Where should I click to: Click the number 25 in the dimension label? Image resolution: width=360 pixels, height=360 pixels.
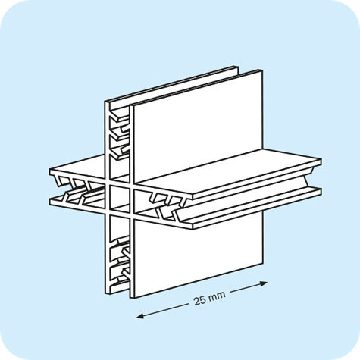coord(199,301)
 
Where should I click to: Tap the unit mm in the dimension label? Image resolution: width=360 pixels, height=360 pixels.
coord(216,297)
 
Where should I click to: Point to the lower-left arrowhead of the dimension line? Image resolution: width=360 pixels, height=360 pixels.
coord(139,315)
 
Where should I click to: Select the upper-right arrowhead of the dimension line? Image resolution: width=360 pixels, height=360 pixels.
coord(264,283)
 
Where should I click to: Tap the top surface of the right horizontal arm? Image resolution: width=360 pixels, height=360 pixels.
coord(227,172)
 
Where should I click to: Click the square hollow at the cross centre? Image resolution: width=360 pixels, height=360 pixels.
coord(120,198)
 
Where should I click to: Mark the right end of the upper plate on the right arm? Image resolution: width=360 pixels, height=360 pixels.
coord(321,162)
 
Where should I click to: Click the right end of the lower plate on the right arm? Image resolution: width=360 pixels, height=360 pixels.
coord(321,191)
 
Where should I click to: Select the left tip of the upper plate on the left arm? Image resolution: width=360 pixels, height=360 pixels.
coord(50,172)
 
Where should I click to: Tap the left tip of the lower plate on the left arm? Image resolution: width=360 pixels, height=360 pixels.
coord(50,202)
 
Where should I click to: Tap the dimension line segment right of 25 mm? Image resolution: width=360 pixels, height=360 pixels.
coord(249,287)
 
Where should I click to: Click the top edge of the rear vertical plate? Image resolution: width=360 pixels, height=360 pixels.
coord(172,83)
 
